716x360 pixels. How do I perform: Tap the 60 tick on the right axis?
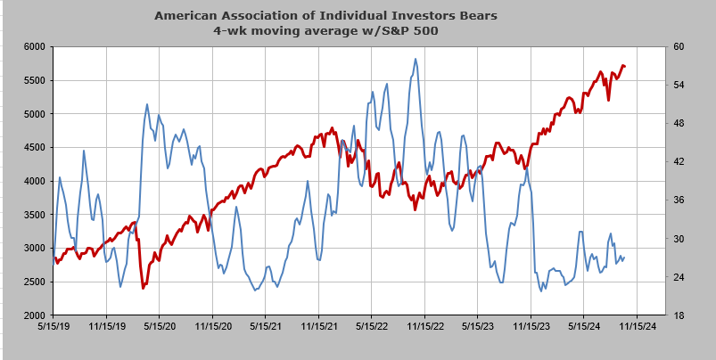(x=676, y=47)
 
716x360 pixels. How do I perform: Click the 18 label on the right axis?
(x=676, y=315)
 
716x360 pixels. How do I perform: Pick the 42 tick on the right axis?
(x=676, y=162)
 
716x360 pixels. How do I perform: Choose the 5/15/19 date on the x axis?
(x=53, y=327)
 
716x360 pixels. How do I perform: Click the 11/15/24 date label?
(x=637, y=327)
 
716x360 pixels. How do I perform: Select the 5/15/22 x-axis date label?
(x=372, y=327)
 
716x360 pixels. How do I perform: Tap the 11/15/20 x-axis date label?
(x=212, y=327)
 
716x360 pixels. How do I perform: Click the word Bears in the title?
(x=481, y=15)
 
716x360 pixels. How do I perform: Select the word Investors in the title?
(x=435, y=15)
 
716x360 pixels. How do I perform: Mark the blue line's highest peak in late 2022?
(x=416, y=59)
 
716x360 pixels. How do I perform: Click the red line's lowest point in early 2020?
(x=143, y=288)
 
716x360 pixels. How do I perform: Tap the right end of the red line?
(x=625, y=67)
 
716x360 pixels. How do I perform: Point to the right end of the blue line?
(x=624, y=258)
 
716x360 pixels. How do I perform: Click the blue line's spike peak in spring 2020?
(x=146, y=104)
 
